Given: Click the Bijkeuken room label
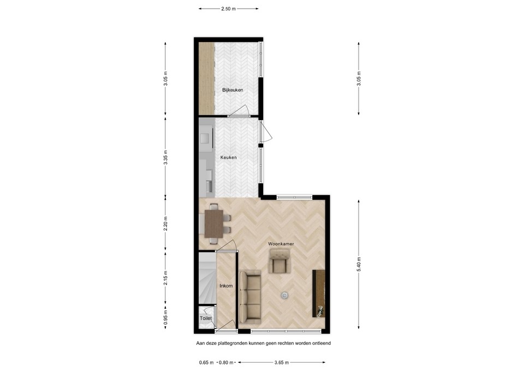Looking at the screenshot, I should (233, 90).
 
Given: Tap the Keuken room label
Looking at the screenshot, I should (229, 157).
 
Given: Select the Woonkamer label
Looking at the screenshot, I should (281, 244).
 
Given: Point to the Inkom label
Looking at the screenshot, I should (226, 286).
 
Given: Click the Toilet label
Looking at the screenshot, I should (206, 317).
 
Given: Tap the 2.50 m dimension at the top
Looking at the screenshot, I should (229, 9).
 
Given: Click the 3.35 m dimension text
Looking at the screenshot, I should (165, 157).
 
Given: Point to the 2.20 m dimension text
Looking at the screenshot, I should (165, 224).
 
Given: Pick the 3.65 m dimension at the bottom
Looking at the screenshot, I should (281, 362).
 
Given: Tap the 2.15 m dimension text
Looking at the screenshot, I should (165, 278).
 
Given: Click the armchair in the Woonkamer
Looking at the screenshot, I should (280, 261).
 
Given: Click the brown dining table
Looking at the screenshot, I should (213, 223).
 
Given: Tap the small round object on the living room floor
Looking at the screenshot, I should (284, 295).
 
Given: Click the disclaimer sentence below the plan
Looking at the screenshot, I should (264, 344).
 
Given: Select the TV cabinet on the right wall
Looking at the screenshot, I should (318, 293).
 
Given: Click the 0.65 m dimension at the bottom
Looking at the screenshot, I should (206, 362).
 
